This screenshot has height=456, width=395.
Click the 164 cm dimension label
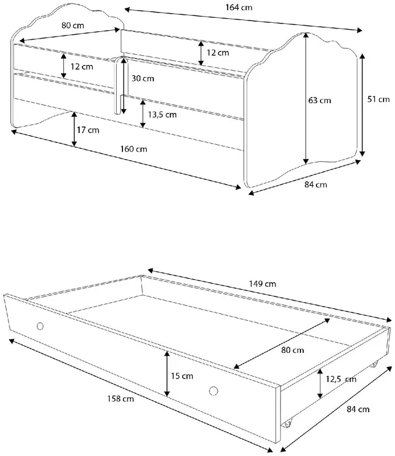[x=238, y=7]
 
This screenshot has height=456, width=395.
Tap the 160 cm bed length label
[x=134, y=149]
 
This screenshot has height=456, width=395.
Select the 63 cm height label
[x=319, y=101]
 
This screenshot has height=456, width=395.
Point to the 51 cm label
[x=378, y=99]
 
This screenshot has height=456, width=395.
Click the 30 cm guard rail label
[x=143, y=79]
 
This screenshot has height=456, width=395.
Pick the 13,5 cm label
[x=162, y=115]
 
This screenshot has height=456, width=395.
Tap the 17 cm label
[x=88, y=130]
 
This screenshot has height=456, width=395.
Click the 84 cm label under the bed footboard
[x=316, y=185]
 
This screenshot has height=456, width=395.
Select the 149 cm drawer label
[x=262, y=284]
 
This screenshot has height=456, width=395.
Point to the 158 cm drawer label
[x=121, y=398]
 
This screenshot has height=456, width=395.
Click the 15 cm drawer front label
[x=182, y=376]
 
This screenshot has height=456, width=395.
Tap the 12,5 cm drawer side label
[x=341, y=379]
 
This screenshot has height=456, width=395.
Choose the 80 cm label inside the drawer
[x=293, y=350]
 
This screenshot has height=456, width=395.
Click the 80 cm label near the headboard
[x=73, y=26]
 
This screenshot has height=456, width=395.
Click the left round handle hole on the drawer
[x=40, y=326]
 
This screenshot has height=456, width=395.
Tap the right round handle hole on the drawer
[x=213, y=391]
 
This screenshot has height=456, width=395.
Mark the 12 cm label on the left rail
[x=81, y=67]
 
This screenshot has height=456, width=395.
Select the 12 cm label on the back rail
[x=218, y=53]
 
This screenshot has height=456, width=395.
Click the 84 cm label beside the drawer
[x=358, y=409]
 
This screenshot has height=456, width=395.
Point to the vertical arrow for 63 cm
[x=306, y=98]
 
